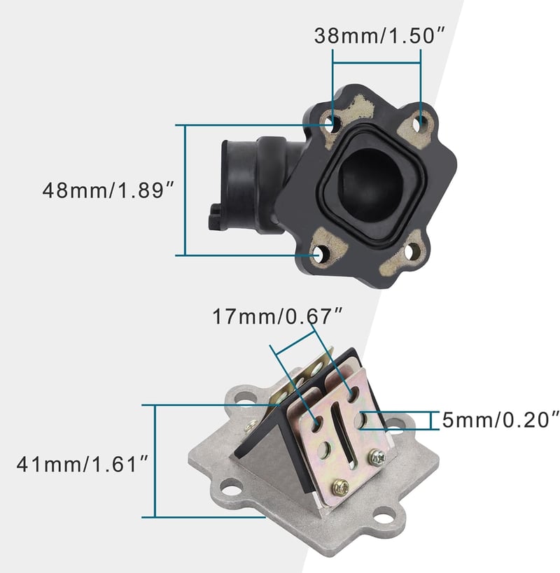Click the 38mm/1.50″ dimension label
click(x=380, y=36)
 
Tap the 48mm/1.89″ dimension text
click(x=108, y=190)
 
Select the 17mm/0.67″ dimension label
click(x=277, y=316)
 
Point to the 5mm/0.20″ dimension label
click(x=500, y=420)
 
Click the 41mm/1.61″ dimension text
click(x=83, y=464)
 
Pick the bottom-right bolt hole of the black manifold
click(x=412, y=251)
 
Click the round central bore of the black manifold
click(x=369, y=184)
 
